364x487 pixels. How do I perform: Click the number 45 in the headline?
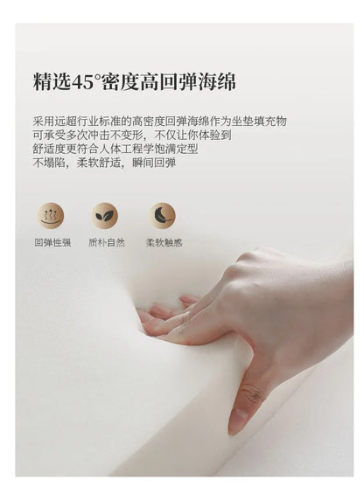pyautogui.click(x=83, y=82)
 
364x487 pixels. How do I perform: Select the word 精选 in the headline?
pyautogui.click(x=52, y=82)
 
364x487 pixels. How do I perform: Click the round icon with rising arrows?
pyautogui.click(x=51, y=216)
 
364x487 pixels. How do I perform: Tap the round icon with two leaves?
pyautogui.click(x=105, y=216)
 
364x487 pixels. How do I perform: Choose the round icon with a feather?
pyautogui.click(x=163, y=216)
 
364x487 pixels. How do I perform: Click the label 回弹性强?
pyautogui.click(x=52, y=242)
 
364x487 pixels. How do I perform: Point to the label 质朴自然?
pyautogui.click(x=107, y=242)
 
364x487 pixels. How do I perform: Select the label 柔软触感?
pyautogui.click(x=164, y=242)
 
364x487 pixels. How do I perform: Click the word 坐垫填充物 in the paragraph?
pyautogui.click(x=259, y=122)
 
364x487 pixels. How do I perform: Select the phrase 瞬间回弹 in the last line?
pyautogui.click(x=154, y=163)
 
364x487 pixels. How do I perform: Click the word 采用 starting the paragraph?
pyautogui.click(x=44, y=122)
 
